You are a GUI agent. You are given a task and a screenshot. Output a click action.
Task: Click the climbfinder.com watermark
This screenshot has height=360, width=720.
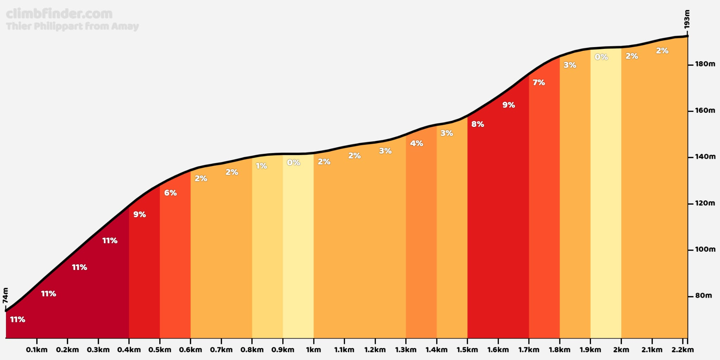[x=59, y=14]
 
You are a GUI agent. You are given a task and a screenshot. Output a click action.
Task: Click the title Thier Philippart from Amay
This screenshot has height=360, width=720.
[x=72, y=26]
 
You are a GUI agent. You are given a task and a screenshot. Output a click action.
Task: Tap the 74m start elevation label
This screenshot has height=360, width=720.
[x=5, y=295]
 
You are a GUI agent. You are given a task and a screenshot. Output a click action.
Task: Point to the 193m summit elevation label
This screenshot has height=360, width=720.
[x=687, y=19]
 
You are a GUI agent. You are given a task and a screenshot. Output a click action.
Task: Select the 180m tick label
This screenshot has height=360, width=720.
[x=705, y=64]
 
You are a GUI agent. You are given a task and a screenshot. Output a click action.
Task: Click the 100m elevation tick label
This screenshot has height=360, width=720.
[x=705, y=249]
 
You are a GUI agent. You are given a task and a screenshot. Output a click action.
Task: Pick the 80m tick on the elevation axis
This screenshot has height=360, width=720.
[x=703, y=296]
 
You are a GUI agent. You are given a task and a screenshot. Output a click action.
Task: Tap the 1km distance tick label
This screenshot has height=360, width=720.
[x=313, y=350]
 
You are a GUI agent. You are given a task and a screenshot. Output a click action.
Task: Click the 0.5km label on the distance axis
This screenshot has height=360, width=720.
[x=160, y=350]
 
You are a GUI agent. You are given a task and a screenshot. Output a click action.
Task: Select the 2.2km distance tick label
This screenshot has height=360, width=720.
[x=682, y=350]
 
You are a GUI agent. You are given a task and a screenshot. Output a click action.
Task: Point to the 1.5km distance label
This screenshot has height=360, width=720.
[x=467, y=350]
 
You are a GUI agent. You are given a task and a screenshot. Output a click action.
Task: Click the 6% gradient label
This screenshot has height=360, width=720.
[x=171, y=193]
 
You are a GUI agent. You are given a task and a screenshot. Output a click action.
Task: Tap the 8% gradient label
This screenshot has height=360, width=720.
[x=478, y=124]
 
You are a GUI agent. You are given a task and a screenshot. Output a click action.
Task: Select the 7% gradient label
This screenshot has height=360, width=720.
[x=539, y=82]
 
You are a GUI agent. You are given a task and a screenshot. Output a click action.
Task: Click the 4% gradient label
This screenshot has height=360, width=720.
[x=417, y=143]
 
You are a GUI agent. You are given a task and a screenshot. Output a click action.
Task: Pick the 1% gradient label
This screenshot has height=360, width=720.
[x=261, y=166]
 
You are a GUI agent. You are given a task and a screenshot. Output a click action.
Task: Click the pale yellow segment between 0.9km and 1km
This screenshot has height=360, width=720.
[x=298, y=246]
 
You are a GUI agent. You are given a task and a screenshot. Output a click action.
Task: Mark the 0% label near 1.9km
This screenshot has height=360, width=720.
[x=601, y=57]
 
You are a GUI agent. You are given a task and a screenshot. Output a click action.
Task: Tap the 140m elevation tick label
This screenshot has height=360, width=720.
[x=705, y=157]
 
